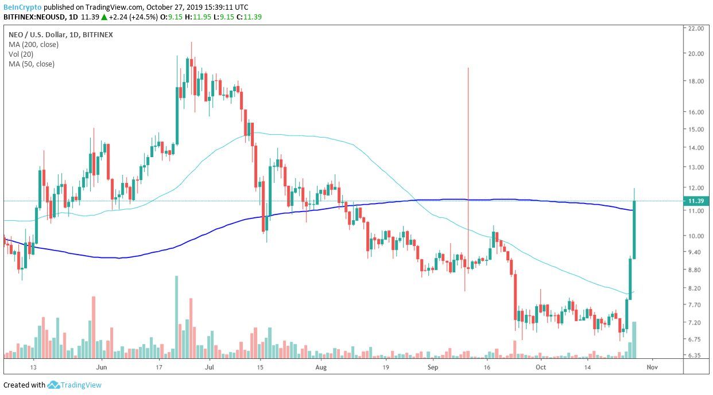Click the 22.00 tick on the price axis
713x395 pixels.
click(696, 28)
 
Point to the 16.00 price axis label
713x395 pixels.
click(696, 112)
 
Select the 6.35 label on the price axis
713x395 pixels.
click(696, 355)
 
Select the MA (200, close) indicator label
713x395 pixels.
click(33, 44)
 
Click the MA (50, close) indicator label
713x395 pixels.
click(32, 64)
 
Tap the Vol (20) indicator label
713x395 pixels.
click(21, 54)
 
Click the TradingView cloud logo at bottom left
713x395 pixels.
click(54, 385)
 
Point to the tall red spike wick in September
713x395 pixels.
click(468, 143)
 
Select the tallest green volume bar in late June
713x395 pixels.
click(176, 315)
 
